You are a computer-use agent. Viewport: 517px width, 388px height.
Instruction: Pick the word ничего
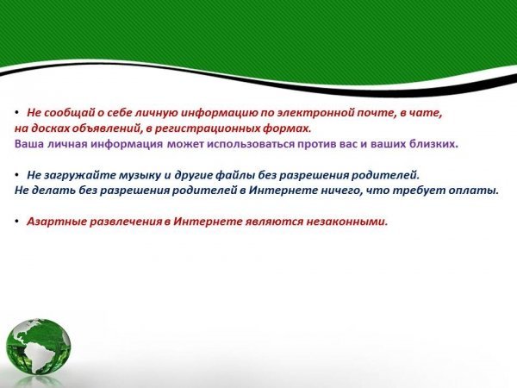(x=341, y=191)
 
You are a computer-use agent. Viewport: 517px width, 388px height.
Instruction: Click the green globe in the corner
(x=38, y=347)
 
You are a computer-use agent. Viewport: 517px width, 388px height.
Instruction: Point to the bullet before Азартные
(x=17, y=222)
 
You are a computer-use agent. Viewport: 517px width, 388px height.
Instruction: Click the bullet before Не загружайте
(x=17, y=176)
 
